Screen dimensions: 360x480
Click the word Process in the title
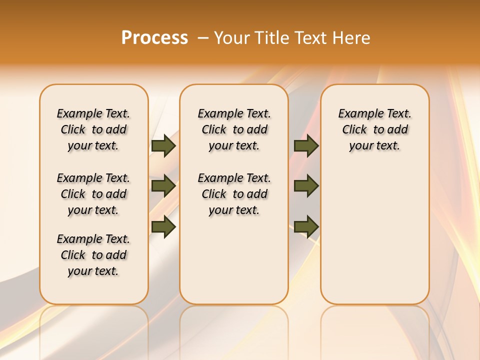click(x=154, y=37)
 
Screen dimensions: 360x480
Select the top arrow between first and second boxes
click(x=163, y=145)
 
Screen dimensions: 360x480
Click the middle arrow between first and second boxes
click(x=163, y=186)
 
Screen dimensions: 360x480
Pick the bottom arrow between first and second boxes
click(x=163, y=226)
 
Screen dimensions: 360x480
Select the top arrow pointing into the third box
click(x=306, y=145)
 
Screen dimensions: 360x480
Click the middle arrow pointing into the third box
click(x=306, y=186)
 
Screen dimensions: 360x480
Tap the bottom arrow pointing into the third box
click(x=306, y=226)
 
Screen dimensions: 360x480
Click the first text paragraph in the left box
click(x=93, y=129)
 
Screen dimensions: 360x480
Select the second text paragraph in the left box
click(x=93, y=194)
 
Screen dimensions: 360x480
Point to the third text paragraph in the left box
click(x=93, y=255)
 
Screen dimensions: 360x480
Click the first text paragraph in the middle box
click(x=234, y=129)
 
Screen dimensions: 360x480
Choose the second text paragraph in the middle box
click(x=234, y=194)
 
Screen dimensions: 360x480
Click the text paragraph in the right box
click(x=375, y=129)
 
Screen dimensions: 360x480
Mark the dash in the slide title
click(x=203, y=37)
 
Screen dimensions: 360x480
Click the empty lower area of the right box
click(x=375, y=235)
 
